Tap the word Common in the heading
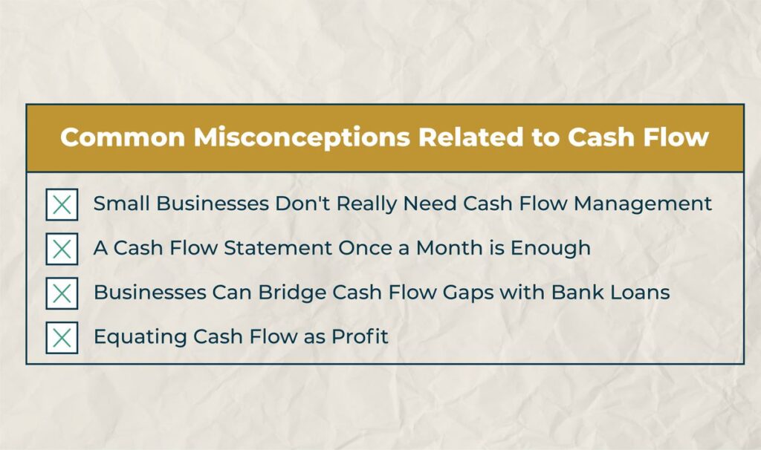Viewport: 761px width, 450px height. click(x=116, y=138)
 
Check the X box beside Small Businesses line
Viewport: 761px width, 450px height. click(x=62, y=204)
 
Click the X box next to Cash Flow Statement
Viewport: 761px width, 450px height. click(x=62, y=249)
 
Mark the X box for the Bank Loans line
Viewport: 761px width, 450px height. click(x=62, y=293)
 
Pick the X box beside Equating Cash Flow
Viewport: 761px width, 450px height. click(x=62, y=338)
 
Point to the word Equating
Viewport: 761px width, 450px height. click(x=140, y=337)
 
